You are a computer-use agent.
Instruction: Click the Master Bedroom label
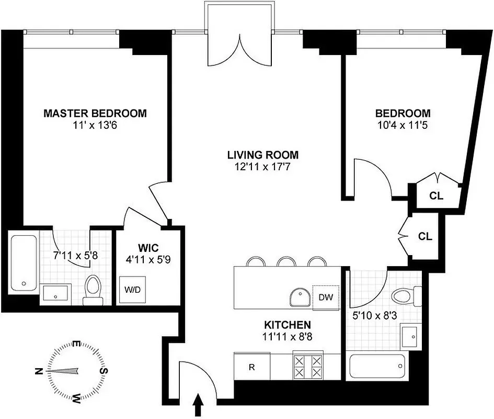[x=95, y=113]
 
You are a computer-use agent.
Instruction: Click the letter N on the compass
[x=38, y=371]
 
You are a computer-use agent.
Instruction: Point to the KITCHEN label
[x=288, y=325]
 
